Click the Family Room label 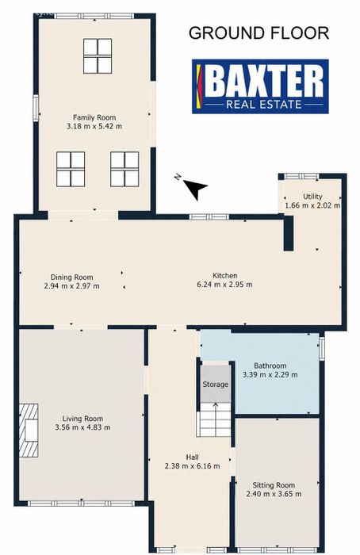coord(94,117)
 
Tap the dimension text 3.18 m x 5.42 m coord(94,126)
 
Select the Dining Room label coord(72,277)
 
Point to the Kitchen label coord(224,275)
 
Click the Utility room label coord(312,197)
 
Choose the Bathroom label coord(270,366)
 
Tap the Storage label coord(215,385)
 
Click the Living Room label coord(82,419)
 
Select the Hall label coord(192,457)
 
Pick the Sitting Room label coord(274,485)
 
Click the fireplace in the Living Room coord(29,431)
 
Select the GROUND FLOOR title coord(259,33)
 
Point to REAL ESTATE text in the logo coord(264,105)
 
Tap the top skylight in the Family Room coord(98,56)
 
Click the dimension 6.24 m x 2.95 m coord(224,284)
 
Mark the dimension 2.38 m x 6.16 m coord(192,466)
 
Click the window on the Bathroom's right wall coord(321,348)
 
